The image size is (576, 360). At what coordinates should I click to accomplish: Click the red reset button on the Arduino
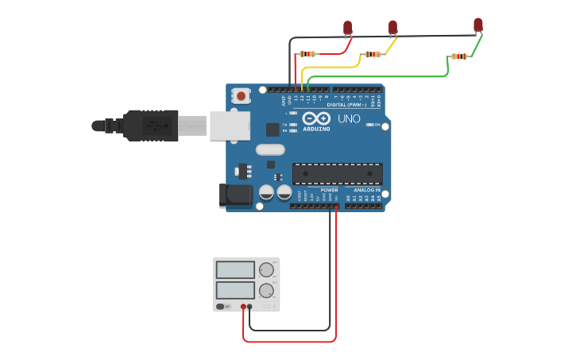(x=241, y=96)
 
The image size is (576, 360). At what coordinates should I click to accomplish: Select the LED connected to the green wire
(x=477, y=25)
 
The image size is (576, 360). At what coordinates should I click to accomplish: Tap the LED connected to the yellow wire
(x=392, y=28)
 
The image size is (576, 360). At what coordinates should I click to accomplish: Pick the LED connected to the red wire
(x=347, y=28)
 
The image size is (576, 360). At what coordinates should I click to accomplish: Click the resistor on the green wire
(x=458, y=56)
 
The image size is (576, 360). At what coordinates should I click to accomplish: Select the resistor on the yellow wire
(x=371, y=54)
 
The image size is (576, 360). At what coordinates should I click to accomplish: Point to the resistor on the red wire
(x=306, y=54)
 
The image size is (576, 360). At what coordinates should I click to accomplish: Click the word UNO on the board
(x=349, y=119)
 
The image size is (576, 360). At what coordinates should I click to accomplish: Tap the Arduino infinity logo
(x=315, y=118)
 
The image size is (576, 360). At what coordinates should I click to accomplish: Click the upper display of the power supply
(x=235, y=270)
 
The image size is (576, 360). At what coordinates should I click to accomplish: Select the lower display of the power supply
(x=235, y=290)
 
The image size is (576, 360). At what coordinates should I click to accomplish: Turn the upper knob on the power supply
(x=265, y=270)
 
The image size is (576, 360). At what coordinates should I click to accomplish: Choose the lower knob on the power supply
(x=265, y=290)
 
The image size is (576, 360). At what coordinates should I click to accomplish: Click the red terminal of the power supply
(x=243, y=307)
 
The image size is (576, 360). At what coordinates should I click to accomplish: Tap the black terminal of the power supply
(x=249, y=307)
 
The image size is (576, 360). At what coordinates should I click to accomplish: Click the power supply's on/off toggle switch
(x=224, y=307)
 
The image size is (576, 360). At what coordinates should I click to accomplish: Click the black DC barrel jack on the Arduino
(x=234, y=195)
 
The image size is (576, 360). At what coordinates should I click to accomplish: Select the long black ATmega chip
(x=337, y=174)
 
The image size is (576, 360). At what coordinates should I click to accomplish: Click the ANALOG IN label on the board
(x=366, y=191)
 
